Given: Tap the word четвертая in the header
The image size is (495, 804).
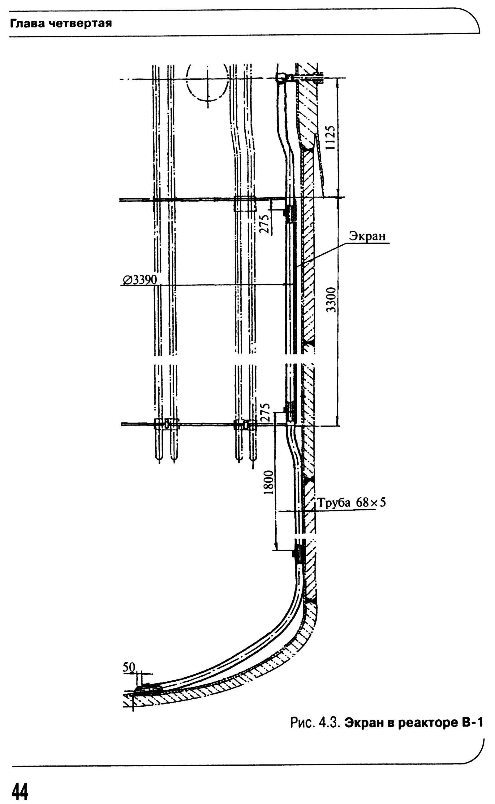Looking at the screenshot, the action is [x=80, y=23].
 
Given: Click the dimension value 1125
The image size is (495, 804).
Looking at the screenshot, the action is [x=331, y=137].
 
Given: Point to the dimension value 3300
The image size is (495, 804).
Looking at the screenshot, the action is [x=332, y=299].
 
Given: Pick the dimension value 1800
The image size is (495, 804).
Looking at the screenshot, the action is [x=268, y=482].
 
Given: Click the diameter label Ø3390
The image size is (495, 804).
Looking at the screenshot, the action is [x=140, y=280].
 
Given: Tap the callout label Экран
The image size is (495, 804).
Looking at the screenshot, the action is [x=367, y=236].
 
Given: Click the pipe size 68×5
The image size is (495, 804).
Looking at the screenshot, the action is [x=371, y=502].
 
